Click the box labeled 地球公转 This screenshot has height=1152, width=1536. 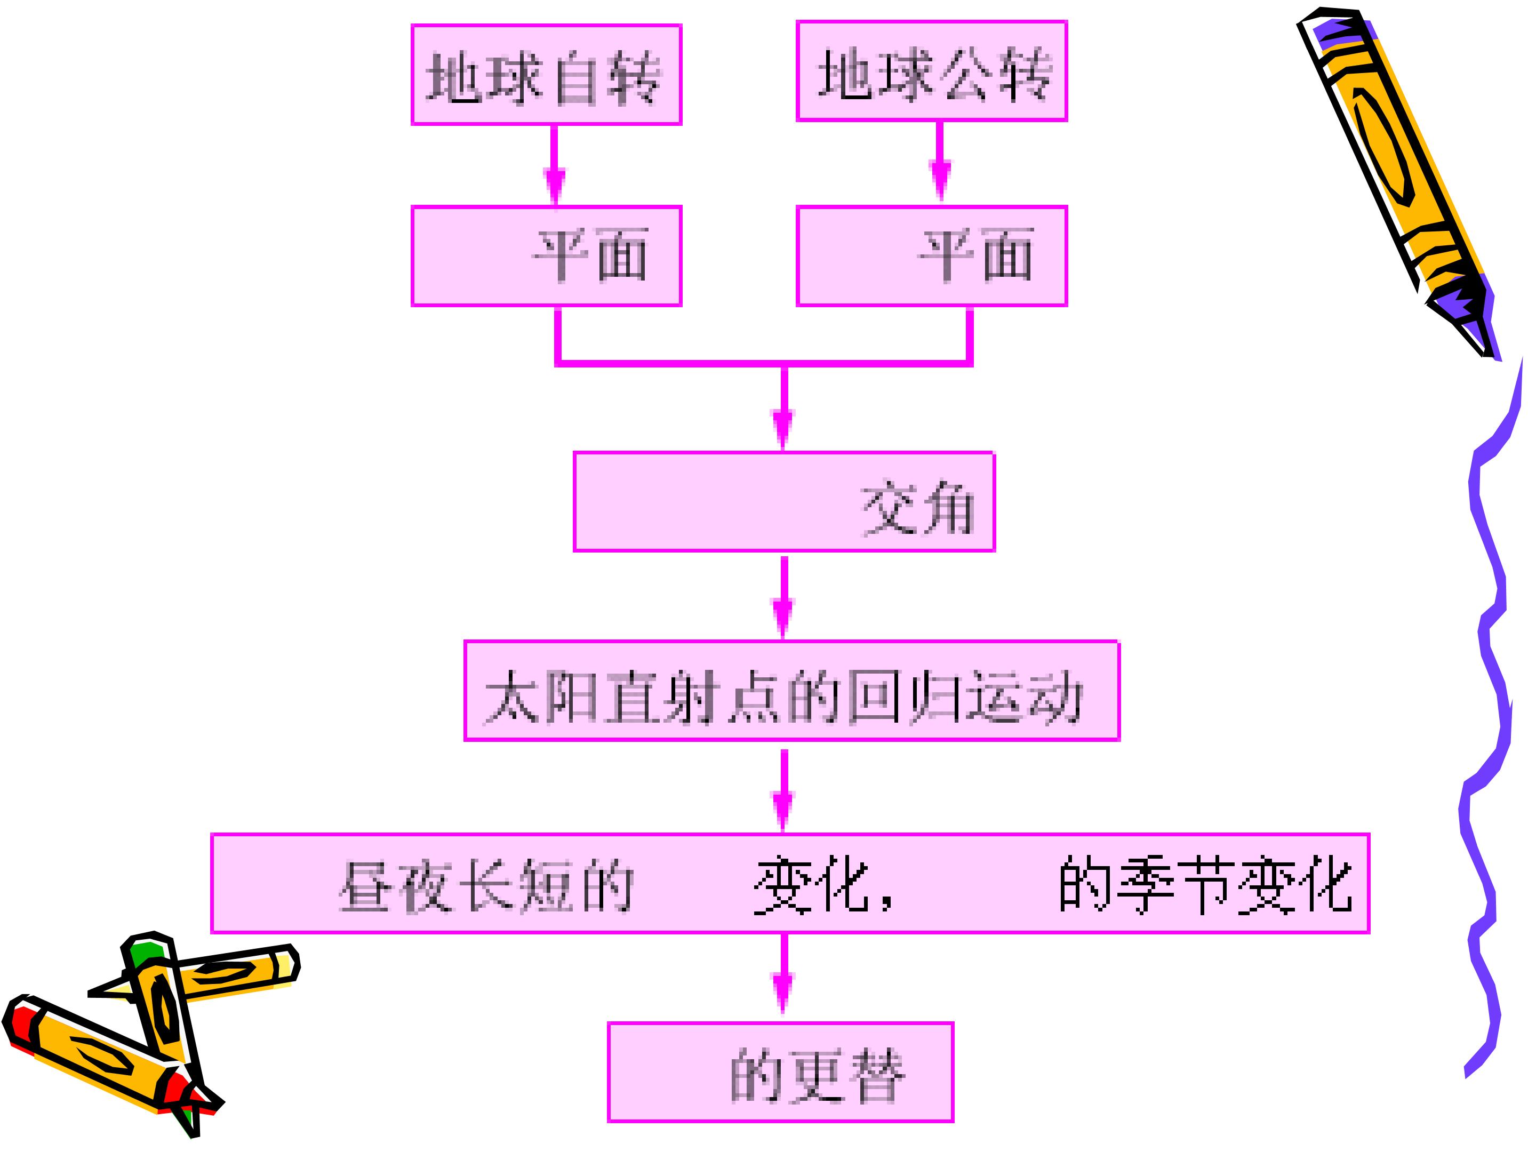(932, 71)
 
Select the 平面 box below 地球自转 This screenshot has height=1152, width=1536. (547, 255)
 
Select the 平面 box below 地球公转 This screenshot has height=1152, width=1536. (932, 255)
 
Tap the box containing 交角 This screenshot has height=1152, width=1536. (785, 502)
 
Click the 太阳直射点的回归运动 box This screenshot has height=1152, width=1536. (791, 691)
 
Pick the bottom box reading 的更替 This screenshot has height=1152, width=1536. (780, 1072)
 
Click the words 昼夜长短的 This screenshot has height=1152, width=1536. (486, 886)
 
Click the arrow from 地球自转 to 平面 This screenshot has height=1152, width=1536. (554, 165)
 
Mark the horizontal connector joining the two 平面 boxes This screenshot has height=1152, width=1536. (764, 363)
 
